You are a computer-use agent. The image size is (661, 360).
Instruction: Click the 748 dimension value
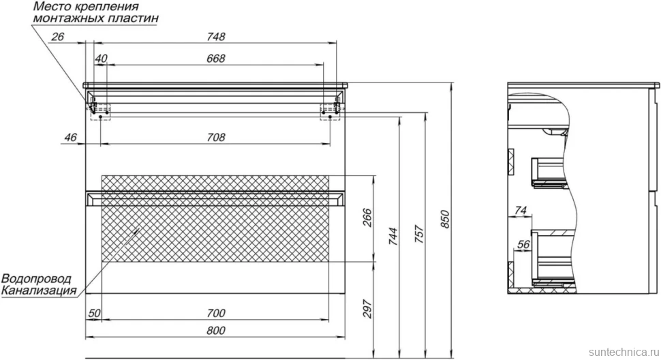click(x=216, y=37)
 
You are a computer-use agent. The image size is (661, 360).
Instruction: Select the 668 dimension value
click(x=216, y=59)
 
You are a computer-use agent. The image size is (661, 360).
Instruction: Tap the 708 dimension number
click(x=216, y=138)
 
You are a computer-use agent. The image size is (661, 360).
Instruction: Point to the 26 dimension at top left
click(x=57, y=37)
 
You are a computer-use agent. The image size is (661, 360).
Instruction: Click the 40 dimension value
click(x=101, y=59)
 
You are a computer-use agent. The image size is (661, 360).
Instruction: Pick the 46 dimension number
click(x=70, y=138)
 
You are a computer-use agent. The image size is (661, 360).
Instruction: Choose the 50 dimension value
click(x=95, y=313)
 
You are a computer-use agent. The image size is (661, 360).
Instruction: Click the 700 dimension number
click(x=216, y=313)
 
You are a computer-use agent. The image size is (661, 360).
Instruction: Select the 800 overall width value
click(x=216, y=331)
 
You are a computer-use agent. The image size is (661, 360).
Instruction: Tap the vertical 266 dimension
click(x=367, y=217)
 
